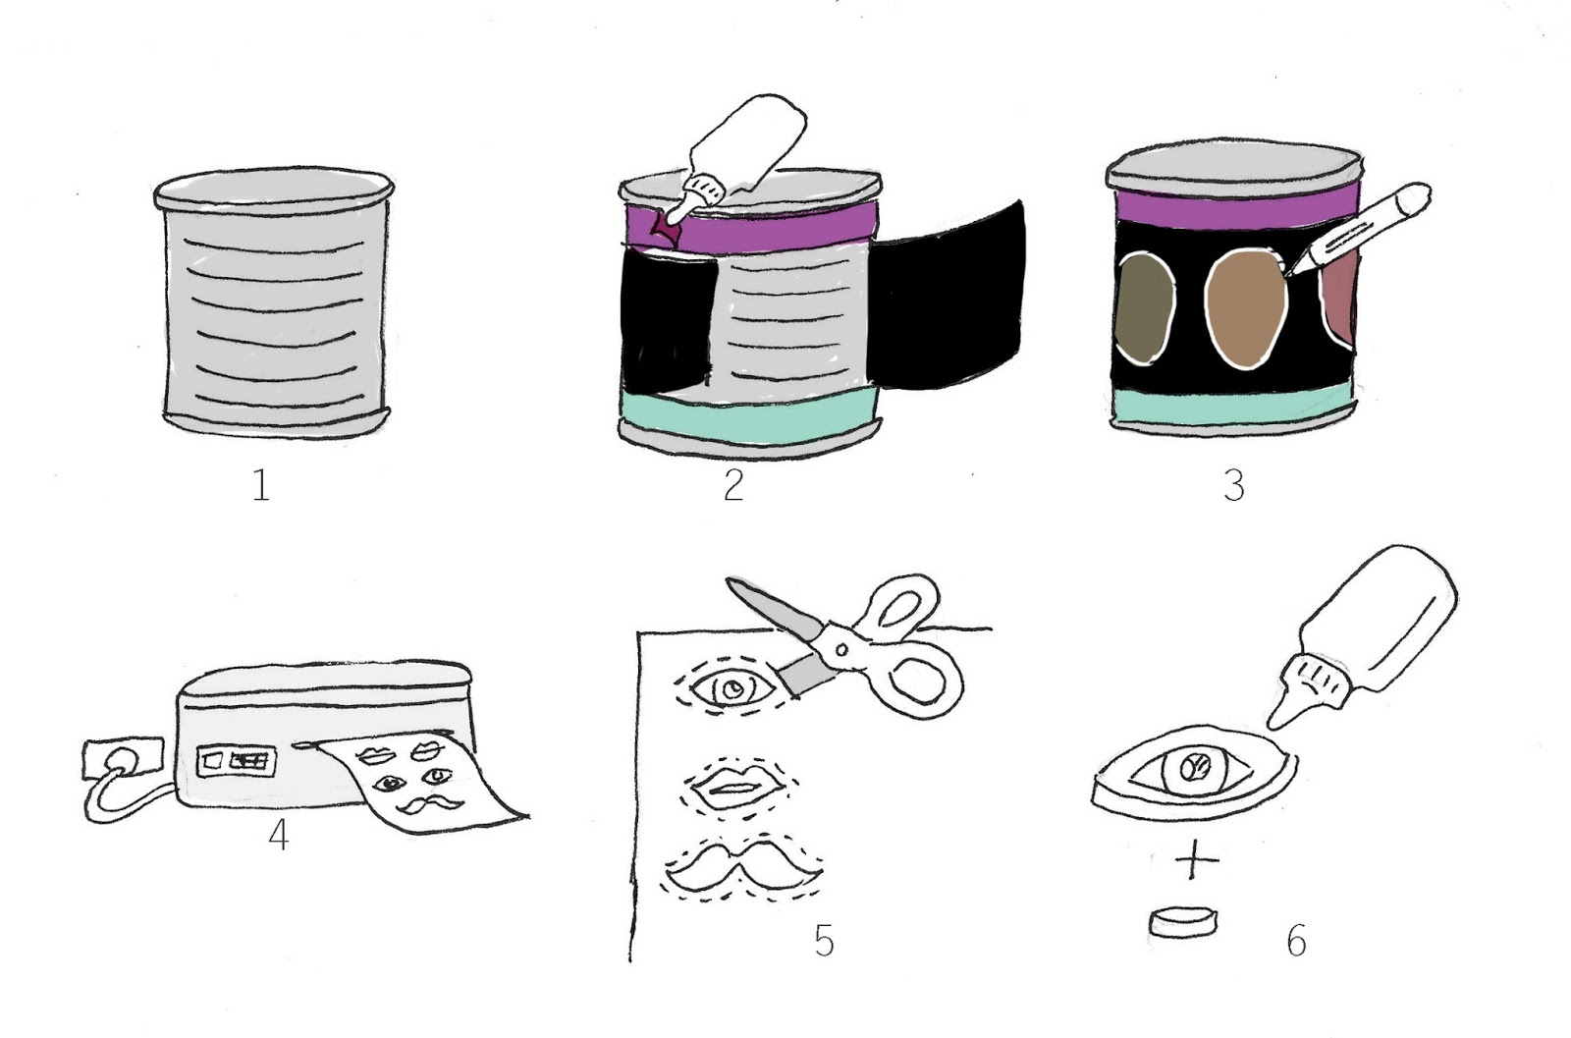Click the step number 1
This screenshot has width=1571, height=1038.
pos(260,485)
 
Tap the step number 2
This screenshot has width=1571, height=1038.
pos(733,485)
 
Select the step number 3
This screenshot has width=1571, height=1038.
pos(1234,485)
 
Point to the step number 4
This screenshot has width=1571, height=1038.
pos(279,836)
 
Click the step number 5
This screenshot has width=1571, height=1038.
pos(824,940)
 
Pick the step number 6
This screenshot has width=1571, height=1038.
pos(1296,940)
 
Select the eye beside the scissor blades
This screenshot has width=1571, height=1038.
pos(731,690)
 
